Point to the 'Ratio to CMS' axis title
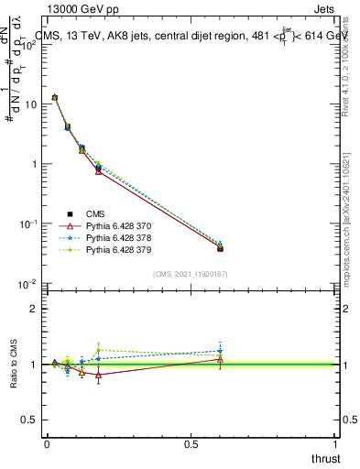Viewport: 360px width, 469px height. tap(14, 364)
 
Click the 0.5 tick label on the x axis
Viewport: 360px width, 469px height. tap(191, 443)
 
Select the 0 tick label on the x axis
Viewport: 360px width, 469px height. tap(47, 443)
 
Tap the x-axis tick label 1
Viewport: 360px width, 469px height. tap(336, 443)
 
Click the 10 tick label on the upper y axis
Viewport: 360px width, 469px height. tap(30, 104)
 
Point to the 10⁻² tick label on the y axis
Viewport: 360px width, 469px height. tap(28, 283)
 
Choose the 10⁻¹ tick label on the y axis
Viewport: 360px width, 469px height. tap(28, 224)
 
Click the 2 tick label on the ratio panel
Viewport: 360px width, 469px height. tap(35, 309)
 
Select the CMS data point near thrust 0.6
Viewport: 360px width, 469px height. tap(221, 248)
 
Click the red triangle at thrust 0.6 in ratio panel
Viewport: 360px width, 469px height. tap(221, 359)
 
